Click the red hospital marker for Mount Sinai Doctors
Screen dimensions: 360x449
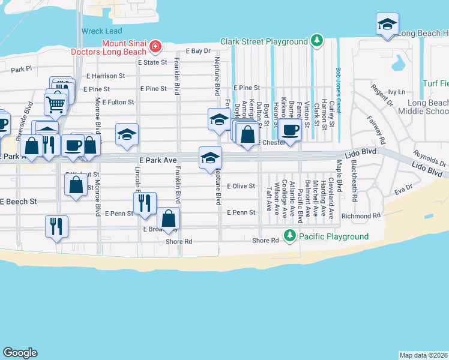click(155, 46)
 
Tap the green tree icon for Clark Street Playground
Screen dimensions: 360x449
click(316, 41)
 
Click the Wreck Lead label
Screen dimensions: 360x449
click(102, 31)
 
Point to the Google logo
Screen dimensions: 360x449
click(20, 353)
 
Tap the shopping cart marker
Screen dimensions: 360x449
click(55, 104)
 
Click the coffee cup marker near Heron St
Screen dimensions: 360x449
click(290, 130)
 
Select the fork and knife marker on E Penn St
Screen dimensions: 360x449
click(144, 203)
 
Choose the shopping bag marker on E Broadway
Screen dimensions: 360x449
click(169, 219)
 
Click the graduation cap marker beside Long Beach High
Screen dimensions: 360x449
click(387, 25)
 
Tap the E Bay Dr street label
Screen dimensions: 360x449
click(199, 51)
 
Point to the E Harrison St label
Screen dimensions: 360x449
click(106, 76)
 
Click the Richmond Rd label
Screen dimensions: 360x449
click(361, 215)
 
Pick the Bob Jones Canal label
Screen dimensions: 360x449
click(339, 85)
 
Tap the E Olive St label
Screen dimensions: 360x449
click(241, 186)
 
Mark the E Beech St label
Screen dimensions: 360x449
click(19, 202)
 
